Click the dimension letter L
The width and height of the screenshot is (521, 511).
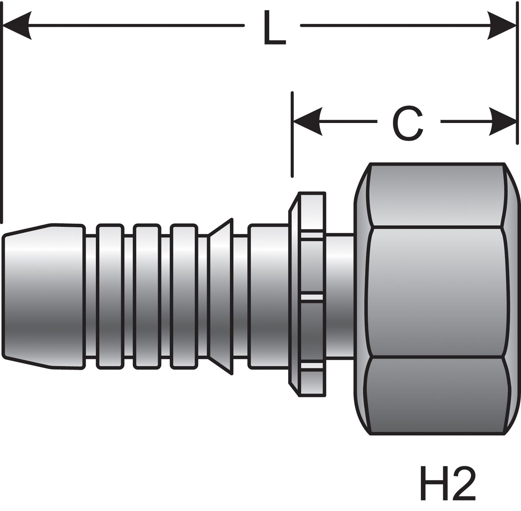click(x=274, y=28)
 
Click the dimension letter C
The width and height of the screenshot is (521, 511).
click(x=407, y=123)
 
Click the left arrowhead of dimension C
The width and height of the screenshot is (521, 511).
click(x=307, y=122)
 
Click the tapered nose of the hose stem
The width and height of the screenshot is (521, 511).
click(x=43, y=297)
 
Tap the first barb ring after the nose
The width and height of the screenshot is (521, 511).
click(x=110, y=297)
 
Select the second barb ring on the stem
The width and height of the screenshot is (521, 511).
click(x=147, y=297)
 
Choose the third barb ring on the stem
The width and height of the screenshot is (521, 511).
click(x=184, y=297)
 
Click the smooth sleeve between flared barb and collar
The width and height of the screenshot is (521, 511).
click(x=268, y=297)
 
